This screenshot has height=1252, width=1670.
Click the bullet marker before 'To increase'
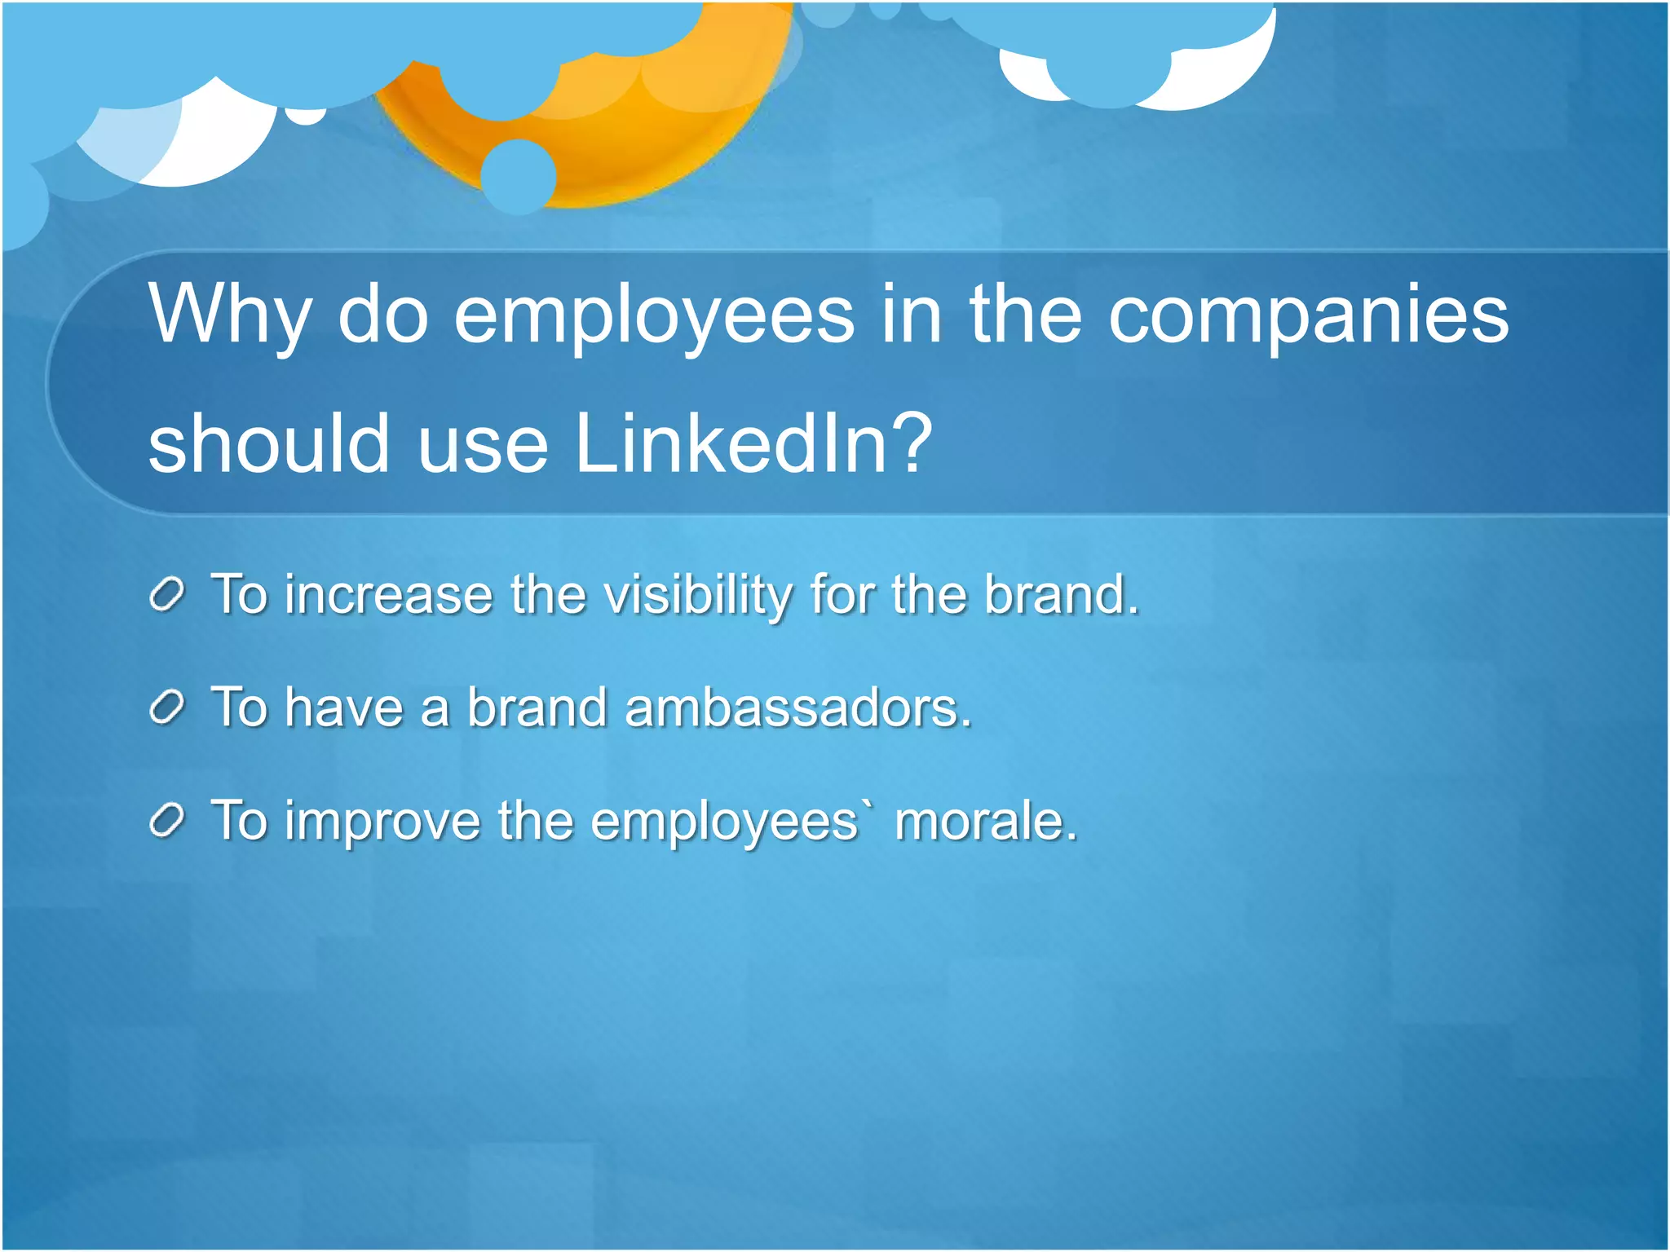coord(168,596)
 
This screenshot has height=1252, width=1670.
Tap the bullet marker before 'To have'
coord(168,708)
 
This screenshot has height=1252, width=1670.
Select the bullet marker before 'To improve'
coord(168,822)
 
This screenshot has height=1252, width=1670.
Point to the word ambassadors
coord(797,708)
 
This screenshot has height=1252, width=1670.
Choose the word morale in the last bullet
coord(985,820)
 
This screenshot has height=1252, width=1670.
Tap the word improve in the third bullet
coord(382,822)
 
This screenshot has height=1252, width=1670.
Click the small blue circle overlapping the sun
coord(518,176)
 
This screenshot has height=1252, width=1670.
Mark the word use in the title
coord(483,444)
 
